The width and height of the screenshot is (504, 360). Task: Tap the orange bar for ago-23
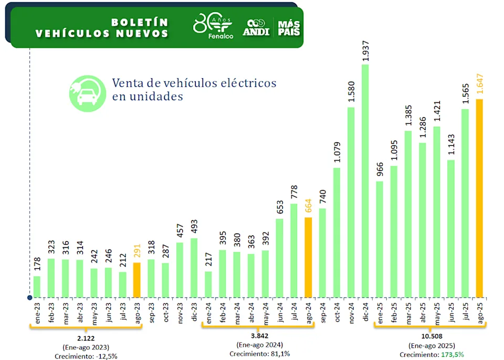(136, 280)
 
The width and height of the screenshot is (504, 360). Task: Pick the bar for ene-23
(37, 286)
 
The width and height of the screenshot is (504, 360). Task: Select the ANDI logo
(256, 27)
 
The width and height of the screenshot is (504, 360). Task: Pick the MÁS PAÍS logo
(289, 27)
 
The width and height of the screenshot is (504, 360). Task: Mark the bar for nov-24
(351, 202)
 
